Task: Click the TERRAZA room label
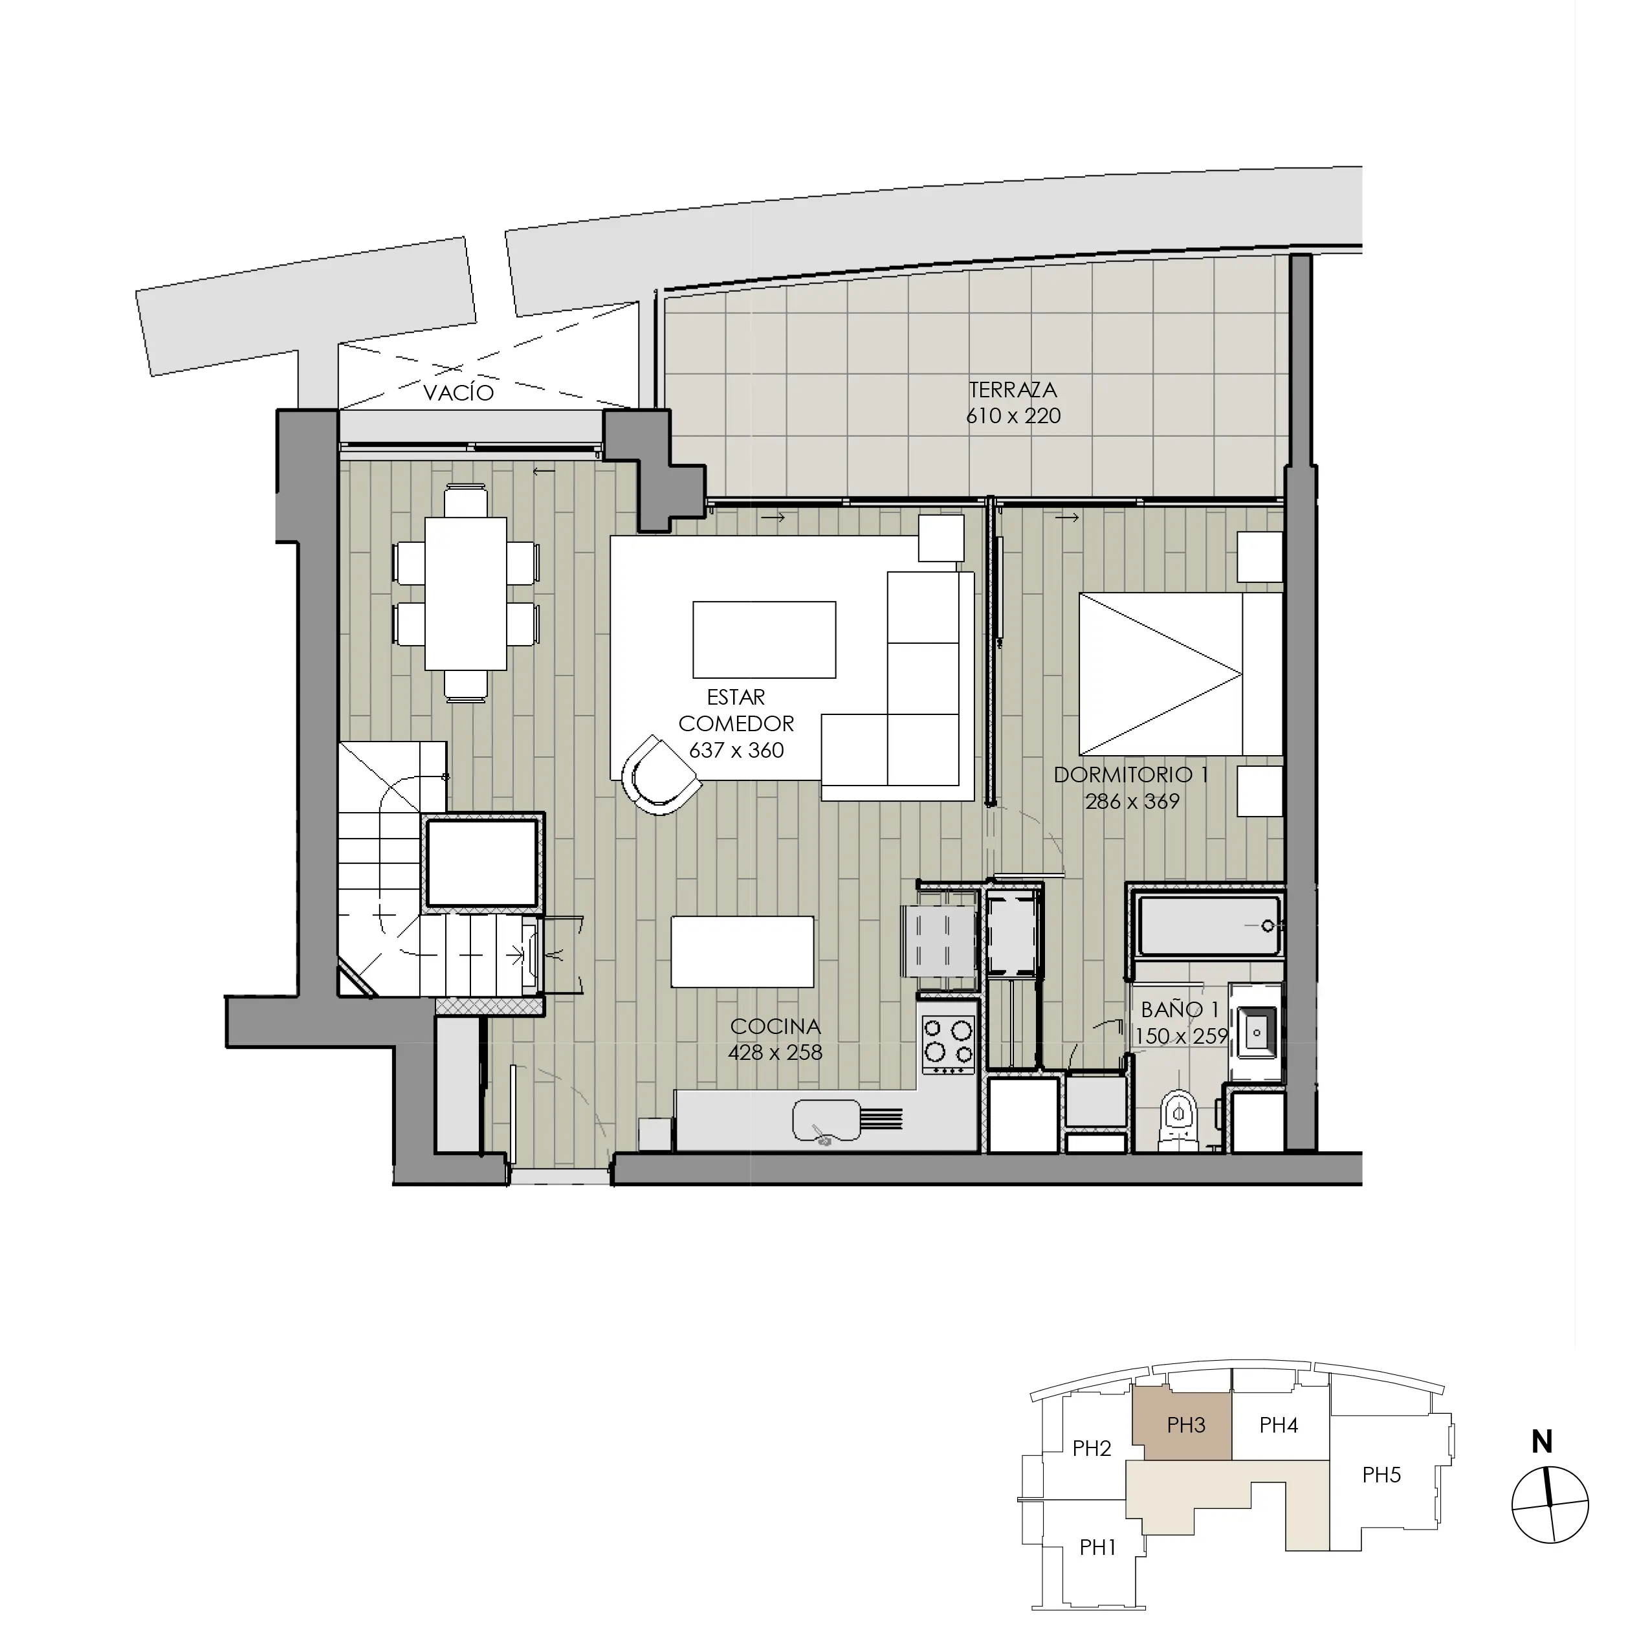tap(1013, 390)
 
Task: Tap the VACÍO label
tap(459, 393)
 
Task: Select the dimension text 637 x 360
tap(736, 750)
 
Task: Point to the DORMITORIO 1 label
tap(1132, 775)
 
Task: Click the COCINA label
tap(775, 1026)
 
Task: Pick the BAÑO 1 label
tap(1180, 1009)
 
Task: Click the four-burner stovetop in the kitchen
tap(949, 1046)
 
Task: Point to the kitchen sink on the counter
tap(826, 1119)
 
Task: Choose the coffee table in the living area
tap(764, 640)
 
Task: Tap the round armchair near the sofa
tap(660, 775)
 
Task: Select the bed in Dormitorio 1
tap(1180, 675)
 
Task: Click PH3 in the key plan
tap(1185, 1425)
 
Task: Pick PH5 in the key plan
tap(1381, 1475)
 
